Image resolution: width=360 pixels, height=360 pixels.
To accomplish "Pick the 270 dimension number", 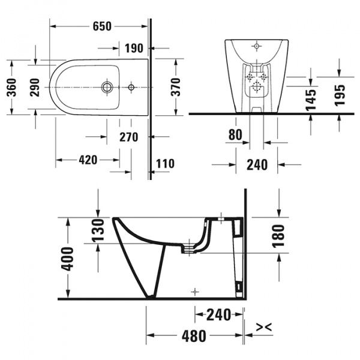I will (x=128, y=137).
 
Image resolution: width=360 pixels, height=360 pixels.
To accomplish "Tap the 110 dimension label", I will (x=165, y=163).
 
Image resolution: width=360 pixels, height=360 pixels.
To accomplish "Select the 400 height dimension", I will (x=68, y=258).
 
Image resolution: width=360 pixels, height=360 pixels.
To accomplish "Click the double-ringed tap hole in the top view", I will (x=107, y=88).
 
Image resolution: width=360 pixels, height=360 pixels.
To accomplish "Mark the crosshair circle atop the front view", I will (x=256, y=45).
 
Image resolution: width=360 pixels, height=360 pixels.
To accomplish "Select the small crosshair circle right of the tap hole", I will (x=131, y=88).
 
